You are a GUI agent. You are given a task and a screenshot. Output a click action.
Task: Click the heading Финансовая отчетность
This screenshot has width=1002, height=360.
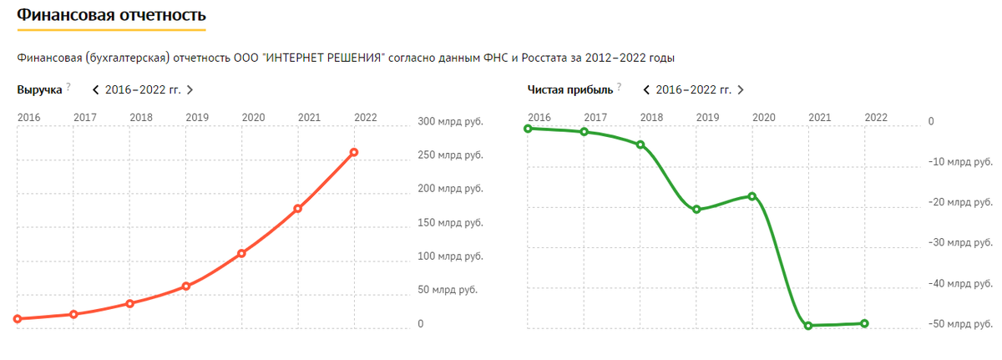(111, 15)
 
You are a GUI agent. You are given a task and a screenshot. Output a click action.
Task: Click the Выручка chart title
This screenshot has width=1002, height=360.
(39, 89)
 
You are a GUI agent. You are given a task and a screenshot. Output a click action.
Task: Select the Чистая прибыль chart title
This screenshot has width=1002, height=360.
(570, 89)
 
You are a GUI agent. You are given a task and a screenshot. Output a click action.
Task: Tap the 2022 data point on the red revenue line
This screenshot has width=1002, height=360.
(354, 152)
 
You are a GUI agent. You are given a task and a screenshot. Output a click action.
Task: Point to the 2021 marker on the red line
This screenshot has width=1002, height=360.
(298, 208)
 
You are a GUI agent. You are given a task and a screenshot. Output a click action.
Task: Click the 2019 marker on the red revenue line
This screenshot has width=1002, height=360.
(186, 286)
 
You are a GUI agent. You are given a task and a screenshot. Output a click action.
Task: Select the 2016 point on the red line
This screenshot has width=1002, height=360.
(18, 318)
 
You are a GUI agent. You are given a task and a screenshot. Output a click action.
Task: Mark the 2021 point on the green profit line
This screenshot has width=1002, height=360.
(808, 325)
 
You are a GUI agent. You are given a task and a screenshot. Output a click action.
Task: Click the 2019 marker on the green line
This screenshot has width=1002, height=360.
(696, 209)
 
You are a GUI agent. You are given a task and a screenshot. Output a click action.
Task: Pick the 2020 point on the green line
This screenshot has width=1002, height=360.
(752, 196)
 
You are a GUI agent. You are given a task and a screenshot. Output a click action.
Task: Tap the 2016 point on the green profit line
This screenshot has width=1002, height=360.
(528, 129)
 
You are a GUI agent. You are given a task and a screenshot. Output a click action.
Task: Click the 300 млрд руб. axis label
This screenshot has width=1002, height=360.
(449, 122)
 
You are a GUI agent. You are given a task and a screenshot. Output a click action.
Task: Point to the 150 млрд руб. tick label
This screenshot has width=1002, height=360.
(449, 223)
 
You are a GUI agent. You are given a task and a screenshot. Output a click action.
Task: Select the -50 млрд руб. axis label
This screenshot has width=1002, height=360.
(960, 324)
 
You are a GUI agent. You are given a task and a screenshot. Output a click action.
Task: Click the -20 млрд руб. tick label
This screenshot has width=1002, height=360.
(960, 203)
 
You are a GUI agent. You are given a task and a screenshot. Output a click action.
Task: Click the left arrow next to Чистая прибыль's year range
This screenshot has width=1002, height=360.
(647, 89)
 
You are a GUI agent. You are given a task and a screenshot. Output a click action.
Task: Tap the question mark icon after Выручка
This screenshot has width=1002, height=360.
(68, 86)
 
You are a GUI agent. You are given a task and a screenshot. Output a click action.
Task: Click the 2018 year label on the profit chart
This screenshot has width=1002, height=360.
(651, 117)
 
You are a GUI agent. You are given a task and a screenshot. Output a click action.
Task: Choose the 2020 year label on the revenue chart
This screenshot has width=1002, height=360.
(253, 117)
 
